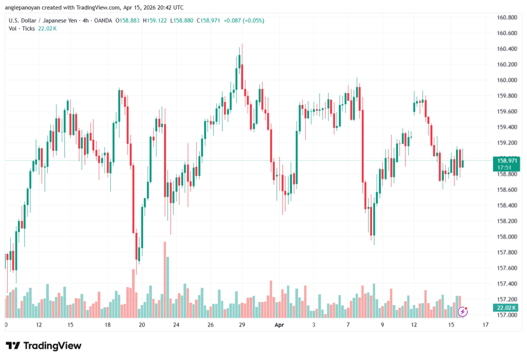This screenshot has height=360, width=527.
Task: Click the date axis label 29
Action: (x=241, y=325)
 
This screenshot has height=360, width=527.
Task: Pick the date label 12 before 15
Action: (x=39, y=325)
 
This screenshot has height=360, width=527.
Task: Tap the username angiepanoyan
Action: (x=25, y=8)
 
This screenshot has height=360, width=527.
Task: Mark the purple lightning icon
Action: (x=463, y=311)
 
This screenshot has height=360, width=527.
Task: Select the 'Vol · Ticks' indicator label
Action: (x=22, y=28)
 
